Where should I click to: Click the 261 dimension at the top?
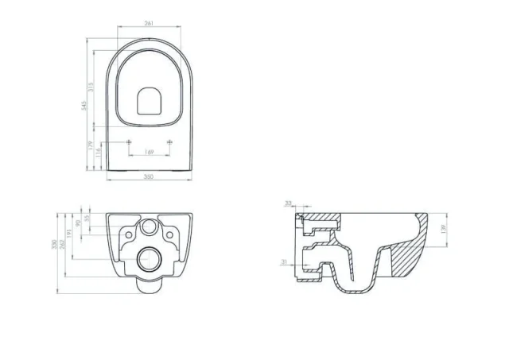click(149, 23)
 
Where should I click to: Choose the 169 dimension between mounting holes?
click(149, 152)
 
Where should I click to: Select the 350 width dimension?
click(149, 178)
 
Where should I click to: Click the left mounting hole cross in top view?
click(130, 141)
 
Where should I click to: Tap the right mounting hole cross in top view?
click(169, 141)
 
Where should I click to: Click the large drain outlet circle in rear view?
click(149, 258)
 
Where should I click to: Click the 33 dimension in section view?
click(288, 203)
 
